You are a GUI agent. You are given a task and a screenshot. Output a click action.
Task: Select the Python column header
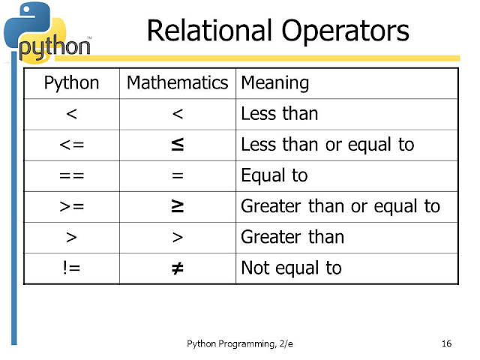tap(71, 83)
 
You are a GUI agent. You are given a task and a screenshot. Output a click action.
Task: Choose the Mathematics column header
tap(178, 83)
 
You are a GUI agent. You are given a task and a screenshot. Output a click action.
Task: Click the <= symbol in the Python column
tap(71, 145)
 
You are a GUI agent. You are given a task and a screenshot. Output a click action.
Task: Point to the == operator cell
tap(71, 175)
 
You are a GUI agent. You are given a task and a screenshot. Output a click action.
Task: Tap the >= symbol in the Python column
tap(71, 206)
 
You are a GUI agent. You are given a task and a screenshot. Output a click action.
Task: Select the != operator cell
tap(71, 268)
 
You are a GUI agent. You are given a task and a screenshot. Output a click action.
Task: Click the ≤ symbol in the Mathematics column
tap(178, 145)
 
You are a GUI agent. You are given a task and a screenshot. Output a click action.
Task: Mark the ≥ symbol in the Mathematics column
tap(178, 206)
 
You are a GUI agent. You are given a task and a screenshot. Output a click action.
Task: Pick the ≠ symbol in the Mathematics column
tap(178, 268)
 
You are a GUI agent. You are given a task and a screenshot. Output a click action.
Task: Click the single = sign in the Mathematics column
tap(178, 175)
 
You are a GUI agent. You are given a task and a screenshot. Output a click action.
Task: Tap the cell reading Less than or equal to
tap(327, 145)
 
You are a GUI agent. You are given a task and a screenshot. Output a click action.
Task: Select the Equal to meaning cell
tap(274, 175)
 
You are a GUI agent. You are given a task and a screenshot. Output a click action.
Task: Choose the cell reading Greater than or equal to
tap(340, 206)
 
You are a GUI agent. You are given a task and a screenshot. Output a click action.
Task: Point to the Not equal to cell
tap(291, 268)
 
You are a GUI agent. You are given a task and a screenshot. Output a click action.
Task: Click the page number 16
tap(447, 344)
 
